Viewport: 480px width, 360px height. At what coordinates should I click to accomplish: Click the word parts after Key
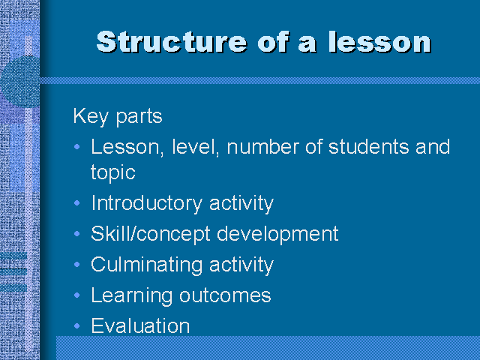139,117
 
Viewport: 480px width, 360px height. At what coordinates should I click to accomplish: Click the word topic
112,173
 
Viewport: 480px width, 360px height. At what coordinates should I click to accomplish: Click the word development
277,234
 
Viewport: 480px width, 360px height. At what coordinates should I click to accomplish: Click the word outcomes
225,295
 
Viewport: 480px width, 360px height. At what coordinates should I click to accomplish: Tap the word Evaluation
140,326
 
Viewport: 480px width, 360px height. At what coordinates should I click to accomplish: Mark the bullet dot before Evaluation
78,326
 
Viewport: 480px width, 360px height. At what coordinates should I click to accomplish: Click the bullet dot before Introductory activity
78,204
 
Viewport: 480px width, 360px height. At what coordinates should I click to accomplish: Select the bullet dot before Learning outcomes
78,295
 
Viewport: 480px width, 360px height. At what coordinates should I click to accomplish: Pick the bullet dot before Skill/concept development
78,235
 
